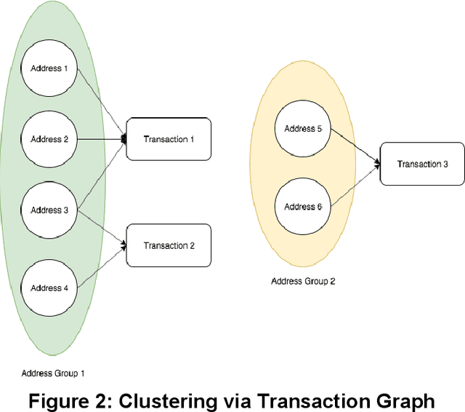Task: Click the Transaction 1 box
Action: tap(169, 139)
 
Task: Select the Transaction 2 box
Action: tap(169, 245)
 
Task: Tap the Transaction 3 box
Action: tap(422, 164)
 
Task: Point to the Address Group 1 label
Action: tap(53, 373)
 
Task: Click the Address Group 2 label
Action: tap(303, 281)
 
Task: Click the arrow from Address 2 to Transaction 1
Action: tap(102, 139)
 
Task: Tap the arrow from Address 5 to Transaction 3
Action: tap(355, 146)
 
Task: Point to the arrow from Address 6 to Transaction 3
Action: tap(355, 186)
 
